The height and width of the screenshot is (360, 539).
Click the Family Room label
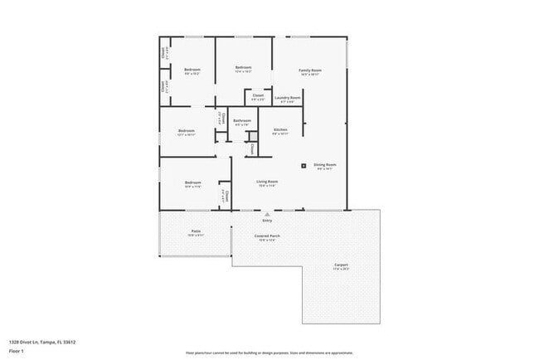pyautogui.click(x=310, y=71)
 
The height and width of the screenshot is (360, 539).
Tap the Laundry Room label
pyautogui.click(x=288, y=99)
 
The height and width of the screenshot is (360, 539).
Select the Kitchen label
pyautogui.click(x=280, y=130)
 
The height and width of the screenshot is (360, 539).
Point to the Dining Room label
pyautogui.click(x=324, y=165)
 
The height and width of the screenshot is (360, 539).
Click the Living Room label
pyautogui.click(x=266, y=182)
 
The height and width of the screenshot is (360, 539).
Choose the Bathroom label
pyautogui.click(x=241, y=121)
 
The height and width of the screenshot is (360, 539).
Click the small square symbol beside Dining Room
pyautogui.click(x=303, y=165)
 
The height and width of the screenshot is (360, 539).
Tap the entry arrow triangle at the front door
pyautogui.click(x=267, y=213)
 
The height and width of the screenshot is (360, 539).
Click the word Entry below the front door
pyautogui.click(x=267, y=221)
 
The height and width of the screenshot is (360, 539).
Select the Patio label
pyautogui.click(x=196, y=231)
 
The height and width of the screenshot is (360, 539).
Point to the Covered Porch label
pyautogui.click(x=265, y=237)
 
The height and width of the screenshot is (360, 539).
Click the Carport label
pyautogui.click(x=341, y=265)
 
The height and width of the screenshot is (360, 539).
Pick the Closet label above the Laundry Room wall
pyautogui.click(x=258, y=96)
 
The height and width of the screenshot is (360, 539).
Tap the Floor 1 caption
pyautogui.click(x=17, y=350)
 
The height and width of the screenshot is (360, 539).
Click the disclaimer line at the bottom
pyautogui.click(x=269, y=353)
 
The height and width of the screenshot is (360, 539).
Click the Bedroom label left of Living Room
pyautogui.click(x=192, y=183)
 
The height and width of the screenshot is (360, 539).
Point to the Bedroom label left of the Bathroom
pyautogui.click(x=187, y=131)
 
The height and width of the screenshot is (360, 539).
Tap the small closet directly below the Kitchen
pyautogui.click(x=252, y=149)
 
